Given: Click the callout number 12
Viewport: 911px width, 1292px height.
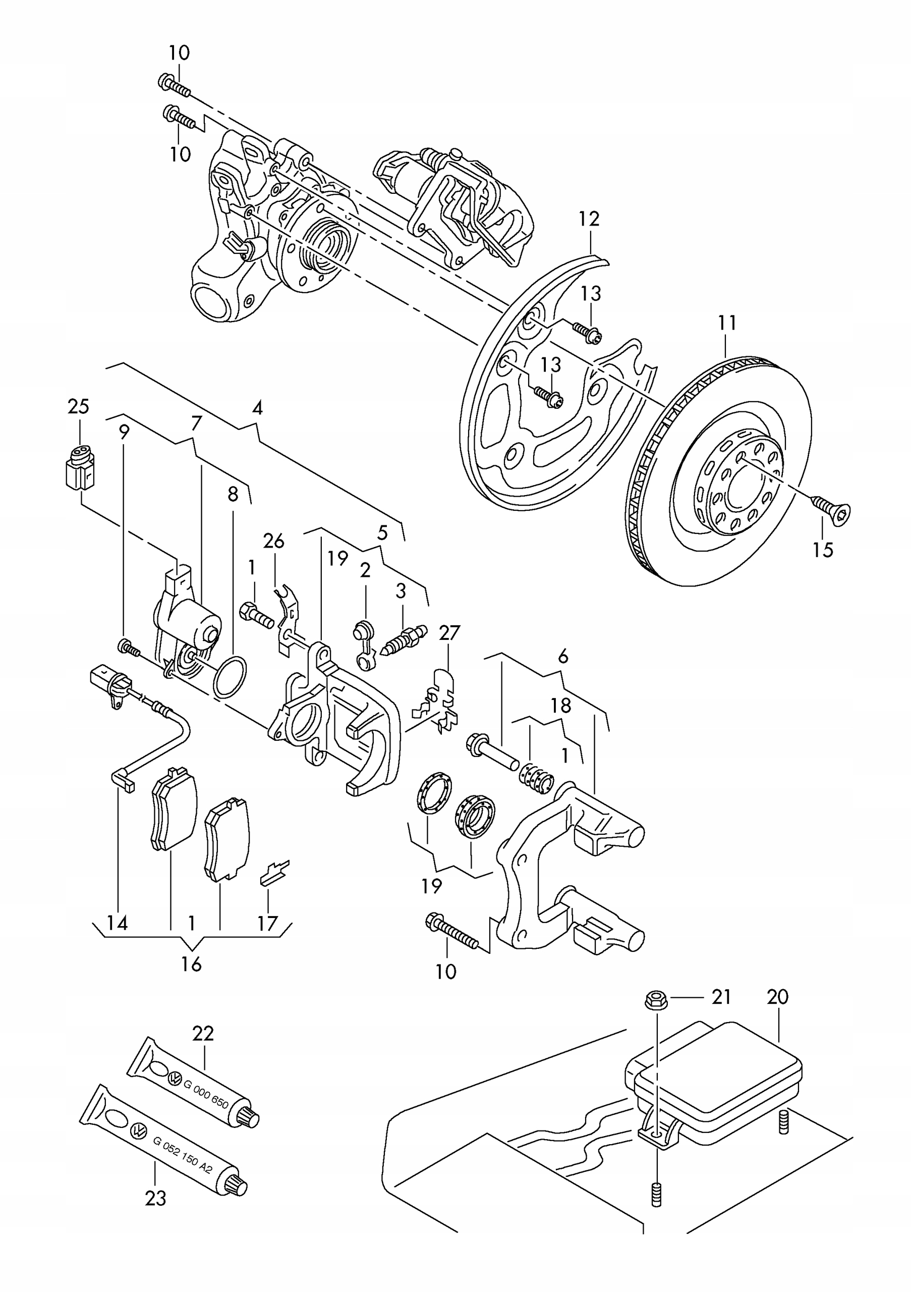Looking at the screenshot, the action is point(589,219).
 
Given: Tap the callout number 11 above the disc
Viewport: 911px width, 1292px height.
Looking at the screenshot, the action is point(726,323).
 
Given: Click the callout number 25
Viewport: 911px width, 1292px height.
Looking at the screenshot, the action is point(78,406).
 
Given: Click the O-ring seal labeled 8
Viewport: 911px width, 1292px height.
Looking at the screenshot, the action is point(230,676).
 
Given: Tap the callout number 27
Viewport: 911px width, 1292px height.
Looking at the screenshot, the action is point(449,633).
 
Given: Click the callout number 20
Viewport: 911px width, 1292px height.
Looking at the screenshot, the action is point(778,997).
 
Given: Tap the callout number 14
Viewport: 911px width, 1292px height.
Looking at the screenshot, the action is point(118,923).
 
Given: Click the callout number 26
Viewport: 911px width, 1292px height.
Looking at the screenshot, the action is point(273,542).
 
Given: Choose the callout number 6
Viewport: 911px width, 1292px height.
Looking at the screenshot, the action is point(563,656).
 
